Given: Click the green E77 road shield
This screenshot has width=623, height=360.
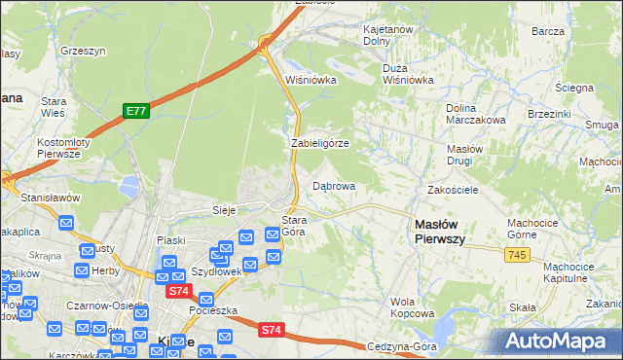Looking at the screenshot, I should [x=135, y=112].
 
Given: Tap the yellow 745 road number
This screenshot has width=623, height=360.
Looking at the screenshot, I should [x=517, y=254].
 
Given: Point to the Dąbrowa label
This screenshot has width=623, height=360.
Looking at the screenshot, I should [x=333, y=185].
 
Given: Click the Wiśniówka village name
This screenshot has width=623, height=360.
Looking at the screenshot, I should [x=311, y=81].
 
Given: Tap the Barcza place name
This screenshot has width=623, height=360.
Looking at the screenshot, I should [x=549, y=31].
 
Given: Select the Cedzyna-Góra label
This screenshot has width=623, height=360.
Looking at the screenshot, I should [x=400, y=347].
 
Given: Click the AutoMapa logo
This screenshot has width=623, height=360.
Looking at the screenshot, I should [x=559, y=342].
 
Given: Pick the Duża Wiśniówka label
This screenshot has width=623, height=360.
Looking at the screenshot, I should [x=408, y=75].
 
